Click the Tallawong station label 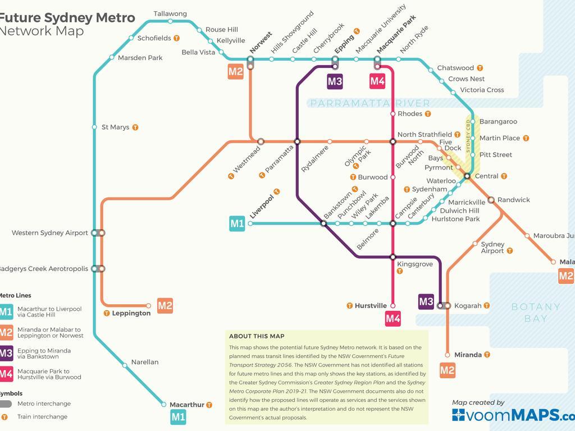pos(170,13)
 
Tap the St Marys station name pos(115,127)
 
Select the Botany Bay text pos(536,313)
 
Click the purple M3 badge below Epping pos(335,81)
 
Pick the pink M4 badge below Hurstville pos(393,319)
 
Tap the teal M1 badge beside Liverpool pos(236,223)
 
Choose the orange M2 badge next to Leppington pos(165,305)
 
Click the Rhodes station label pos(409,114)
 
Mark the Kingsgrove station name pos(415,264)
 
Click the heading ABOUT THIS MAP pos(257,336)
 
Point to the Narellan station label pos(145,362)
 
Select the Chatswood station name pos(455,68)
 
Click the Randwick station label pos(513,200)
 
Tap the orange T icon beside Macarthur pos(209,405)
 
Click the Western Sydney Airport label pos(50,233)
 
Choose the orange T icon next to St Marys pos(135,127)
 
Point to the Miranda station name pos(468,355)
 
